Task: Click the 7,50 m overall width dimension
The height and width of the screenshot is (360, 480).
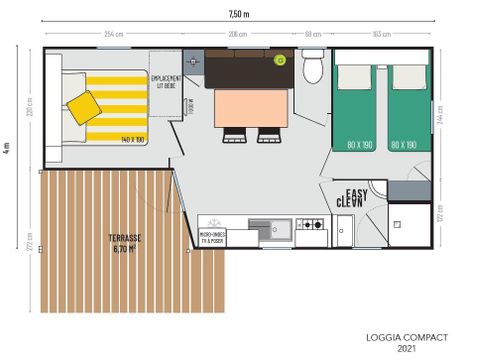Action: tap(239, 14)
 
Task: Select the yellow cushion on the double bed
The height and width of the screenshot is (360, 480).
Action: tap(83, 104)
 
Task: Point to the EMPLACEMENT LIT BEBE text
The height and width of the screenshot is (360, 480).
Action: tap(166, 80)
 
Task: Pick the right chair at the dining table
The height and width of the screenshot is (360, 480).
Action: tap(267, 137)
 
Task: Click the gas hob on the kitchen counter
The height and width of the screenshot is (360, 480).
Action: tap(310, 227)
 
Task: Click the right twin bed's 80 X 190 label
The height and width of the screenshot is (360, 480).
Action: tap(404, 145)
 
